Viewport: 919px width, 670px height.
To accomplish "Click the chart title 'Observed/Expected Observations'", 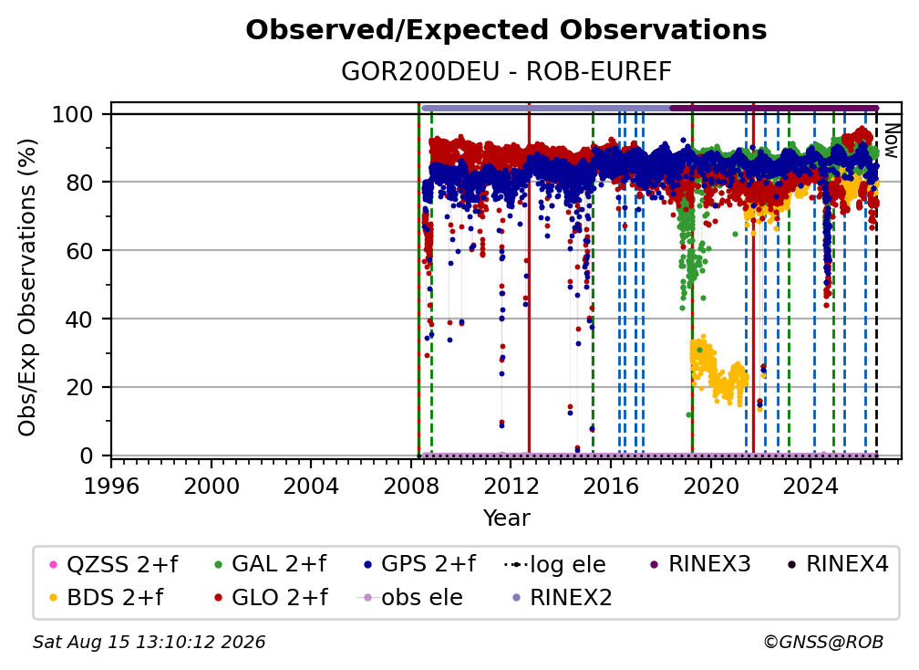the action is point(506,30).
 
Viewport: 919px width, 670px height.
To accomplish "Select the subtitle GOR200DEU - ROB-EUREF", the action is point(506,71).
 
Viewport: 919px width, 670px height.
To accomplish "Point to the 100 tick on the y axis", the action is point(73,114).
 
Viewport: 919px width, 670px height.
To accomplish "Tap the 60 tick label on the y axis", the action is point(79,250).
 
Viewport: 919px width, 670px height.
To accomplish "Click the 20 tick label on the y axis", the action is point(79,387).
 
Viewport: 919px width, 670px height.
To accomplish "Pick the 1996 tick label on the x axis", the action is point(111,486).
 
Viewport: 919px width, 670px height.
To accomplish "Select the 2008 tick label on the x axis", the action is point(411,486).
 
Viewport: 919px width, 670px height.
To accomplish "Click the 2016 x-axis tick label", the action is point(611,486).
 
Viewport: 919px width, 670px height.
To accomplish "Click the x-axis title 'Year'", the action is point(506,518).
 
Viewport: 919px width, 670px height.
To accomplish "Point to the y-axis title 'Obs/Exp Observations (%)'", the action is point(27,288).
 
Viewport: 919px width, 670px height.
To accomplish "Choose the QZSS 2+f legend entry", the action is point(114,564).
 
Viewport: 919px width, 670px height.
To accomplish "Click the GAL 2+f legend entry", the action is point(270,564).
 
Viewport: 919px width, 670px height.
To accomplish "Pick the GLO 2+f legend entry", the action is point(271,597).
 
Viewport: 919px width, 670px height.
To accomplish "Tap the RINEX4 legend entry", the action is point(838,564).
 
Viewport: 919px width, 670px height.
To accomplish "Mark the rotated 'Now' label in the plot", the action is point(892,141).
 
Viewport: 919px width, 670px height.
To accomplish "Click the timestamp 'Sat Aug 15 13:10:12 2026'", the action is point(149,642).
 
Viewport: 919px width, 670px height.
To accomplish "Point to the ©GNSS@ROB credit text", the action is point(823,642).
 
